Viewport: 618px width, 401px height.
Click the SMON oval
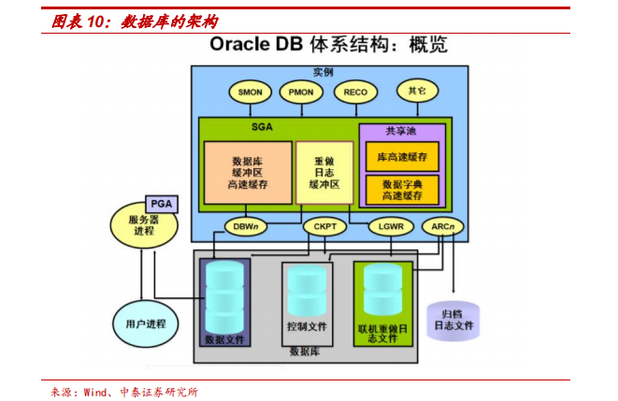tap(250, 92)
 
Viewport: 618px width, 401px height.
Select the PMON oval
tap(301, 92)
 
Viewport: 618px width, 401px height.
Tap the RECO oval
tap(355, 92)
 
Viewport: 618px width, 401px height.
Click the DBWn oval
tap(245, 225)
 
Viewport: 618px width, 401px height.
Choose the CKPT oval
tap(324, 225)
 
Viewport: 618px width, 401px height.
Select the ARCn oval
tap(442, 225)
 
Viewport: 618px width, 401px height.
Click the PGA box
tap(163, 203)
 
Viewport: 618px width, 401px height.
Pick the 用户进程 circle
tap(145, 323)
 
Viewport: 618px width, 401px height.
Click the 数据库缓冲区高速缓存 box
tap(248, 173)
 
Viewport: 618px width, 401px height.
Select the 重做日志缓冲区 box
tap(324, 173)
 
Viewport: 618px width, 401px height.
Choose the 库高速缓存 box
tap(402, 157)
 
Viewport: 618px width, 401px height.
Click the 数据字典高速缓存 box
tap(402, 190)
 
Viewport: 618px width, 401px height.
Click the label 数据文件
tap(225, 339)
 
